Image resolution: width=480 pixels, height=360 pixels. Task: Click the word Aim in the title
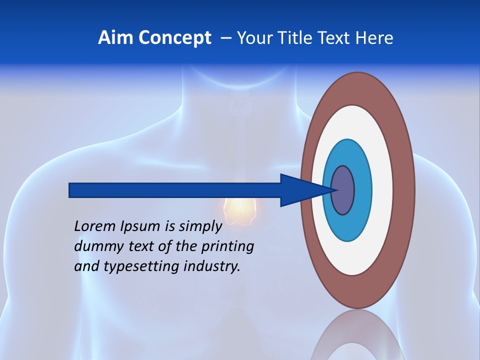pos(111,38)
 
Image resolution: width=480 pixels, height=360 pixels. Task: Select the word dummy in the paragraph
pos(94,246)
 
